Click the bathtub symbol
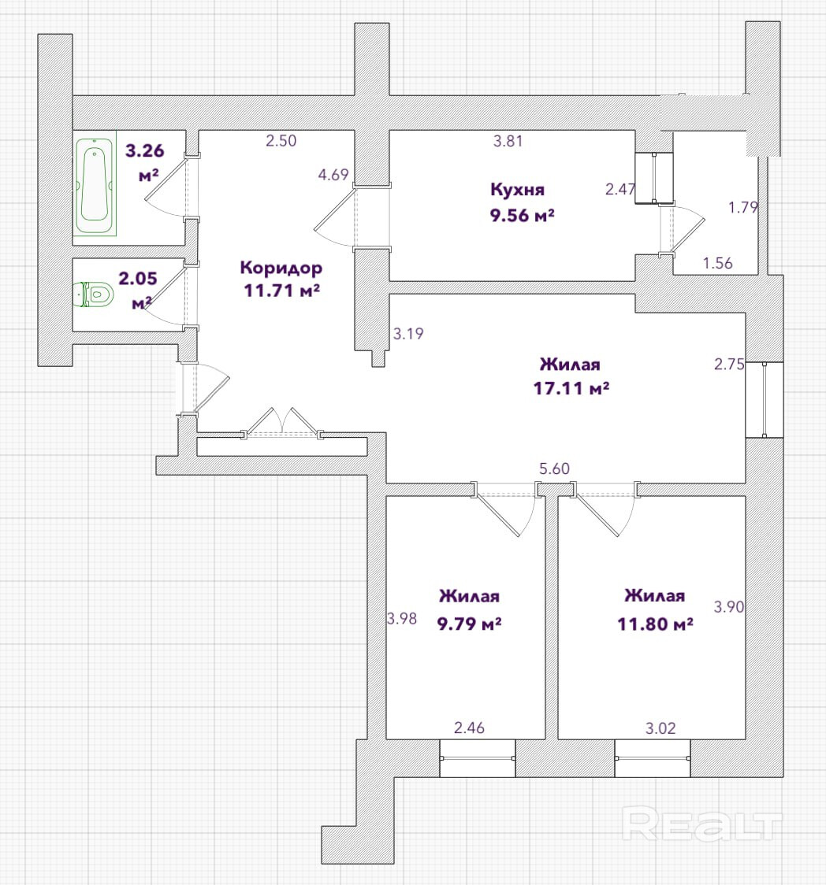pyautogui.click(x=95, y=183)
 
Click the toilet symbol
pyautogui.click(x=94, y=294)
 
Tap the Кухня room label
pyautogui.click(x=518, y=189)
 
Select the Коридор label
pyautogui.click(x=281, y=268)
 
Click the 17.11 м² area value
pyautogui.click(x=571, y=388)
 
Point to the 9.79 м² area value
pyautogui.click(x=470, y=624)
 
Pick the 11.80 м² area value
pyautogui.click(x=656, y=624)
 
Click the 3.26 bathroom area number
pyautogui.click(x=145, y=150)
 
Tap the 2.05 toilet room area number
pyautogui.click(x=138, y=278)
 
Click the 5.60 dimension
pyautogui.click(x=554, y=468)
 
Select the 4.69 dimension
pyautogui.click(x=333, y=175)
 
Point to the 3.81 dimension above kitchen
pyautogui.click(x=508, y=141)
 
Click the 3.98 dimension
pyautogui.click(x=402, y=619)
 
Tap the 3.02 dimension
pyautogui.click(x=660, y=728)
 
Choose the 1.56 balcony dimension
pyautogui.click(x=717, y=263)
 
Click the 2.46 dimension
pyautogui.click(x=469, y=728)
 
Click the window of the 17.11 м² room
pyautogui.click(x=764, y=400)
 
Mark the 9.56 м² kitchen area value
pyautogui.click(x=522, y=216)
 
